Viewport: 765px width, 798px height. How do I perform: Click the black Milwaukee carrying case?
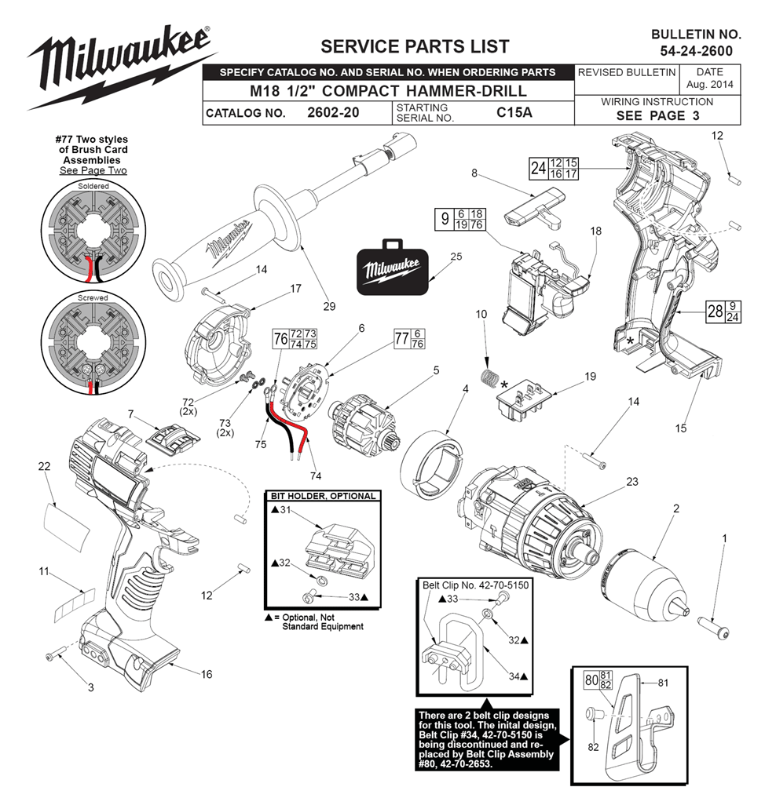coord(392,268)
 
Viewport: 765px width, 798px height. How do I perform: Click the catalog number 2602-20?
coord(333,112)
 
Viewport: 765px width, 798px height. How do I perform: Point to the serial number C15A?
coord(514,112)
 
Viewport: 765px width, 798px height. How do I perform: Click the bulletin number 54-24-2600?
coord(696,51)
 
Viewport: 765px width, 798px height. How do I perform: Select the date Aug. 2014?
coord(709,85)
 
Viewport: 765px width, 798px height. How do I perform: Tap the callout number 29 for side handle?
coord(330,306)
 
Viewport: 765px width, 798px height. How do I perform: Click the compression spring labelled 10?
coord(490,378)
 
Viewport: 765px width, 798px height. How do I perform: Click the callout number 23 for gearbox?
coord(632,482)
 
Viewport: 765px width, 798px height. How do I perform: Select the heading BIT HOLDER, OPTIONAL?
coord(323,496)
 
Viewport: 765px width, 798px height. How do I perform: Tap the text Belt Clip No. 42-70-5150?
coord(476,585)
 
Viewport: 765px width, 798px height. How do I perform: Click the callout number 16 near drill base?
coord(207,674)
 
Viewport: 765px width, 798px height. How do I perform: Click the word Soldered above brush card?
coord(93,186)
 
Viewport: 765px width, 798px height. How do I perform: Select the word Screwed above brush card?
coord(93,297)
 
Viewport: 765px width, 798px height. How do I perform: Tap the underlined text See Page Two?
coord(93,170)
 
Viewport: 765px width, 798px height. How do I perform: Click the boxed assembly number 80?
coord(591,680)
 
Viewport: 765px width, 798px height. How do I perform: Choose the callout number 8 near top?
coord(474,173)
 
